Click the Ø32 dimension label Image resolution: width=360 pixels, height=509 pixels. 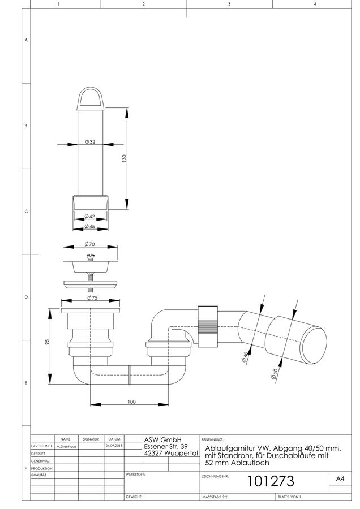point(90,142)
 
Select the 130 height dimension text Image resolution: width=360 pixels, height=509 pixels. point(124,158)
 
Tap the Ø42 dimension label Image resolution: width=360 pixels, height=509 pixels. point(89,216)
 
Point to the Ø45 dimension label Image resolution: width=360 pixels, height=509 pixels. point(89,226)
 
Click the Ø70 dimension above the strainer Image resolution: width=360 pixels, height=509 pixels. point(89,244)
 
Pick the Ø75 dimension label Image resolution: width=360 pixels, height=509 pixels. point(92,297)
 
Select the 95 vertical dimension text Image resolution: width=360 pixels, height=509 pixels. point(47,342)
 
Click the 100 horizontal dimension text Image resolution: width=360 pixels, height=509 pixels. point(131,402)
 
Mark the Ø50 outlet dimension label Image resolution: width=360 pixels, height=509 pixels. point(274,374)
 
